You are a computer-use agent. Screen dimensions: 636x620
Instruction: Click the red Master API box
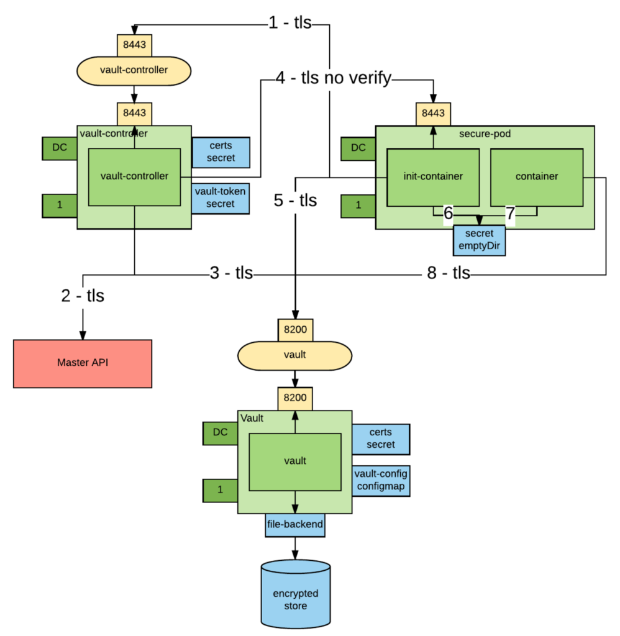(x=83, y=363)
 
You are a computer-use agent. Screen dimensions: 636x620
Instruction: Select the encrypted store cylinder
(x=295, y=594)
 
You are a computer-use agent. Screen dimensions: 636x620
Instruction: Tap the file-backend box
(x=295, y=525)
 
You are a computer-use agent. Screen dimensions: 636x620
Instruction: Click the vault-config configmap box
(x=381, y=480)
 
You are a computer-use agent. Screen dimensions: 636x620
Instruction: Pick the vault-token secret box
(x=221, y=198)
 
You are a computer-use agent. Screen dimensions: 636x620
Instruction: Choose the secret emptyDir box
(x=479, y=240)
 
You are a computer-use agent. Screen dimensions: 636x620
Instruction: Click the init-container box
(x=433, y=177)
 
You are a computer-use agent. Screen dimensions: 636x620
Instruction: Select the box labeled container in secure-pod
(x=537, y=177)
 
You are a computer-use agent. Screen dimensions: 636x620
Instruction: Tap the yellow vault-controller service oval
(x=134, y=70)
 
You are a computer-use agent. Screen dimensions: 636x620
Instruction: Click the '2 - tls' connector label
(x=83, y=296)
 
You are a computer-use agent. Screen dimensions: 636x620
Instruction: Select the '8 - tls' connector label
(x=449, y=273)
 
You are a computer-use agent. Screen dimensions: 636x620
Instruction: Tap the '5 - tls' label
(x=295, y=200)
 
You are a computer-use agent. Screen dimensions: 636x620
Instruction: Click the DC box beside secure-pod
(x=358, y=148)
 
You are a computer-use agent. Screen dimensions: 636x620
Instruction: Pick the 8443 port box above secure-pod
(x=434, y=114)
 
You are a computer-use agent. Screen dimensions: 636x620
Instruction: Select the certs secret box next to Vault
(x=381, y=439)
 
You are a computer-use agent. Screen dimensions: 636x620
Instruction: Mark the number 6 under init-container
(x=449, y=214)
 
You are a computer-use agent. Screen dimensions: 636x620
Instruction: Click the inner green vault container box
(x=295, y=461)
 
